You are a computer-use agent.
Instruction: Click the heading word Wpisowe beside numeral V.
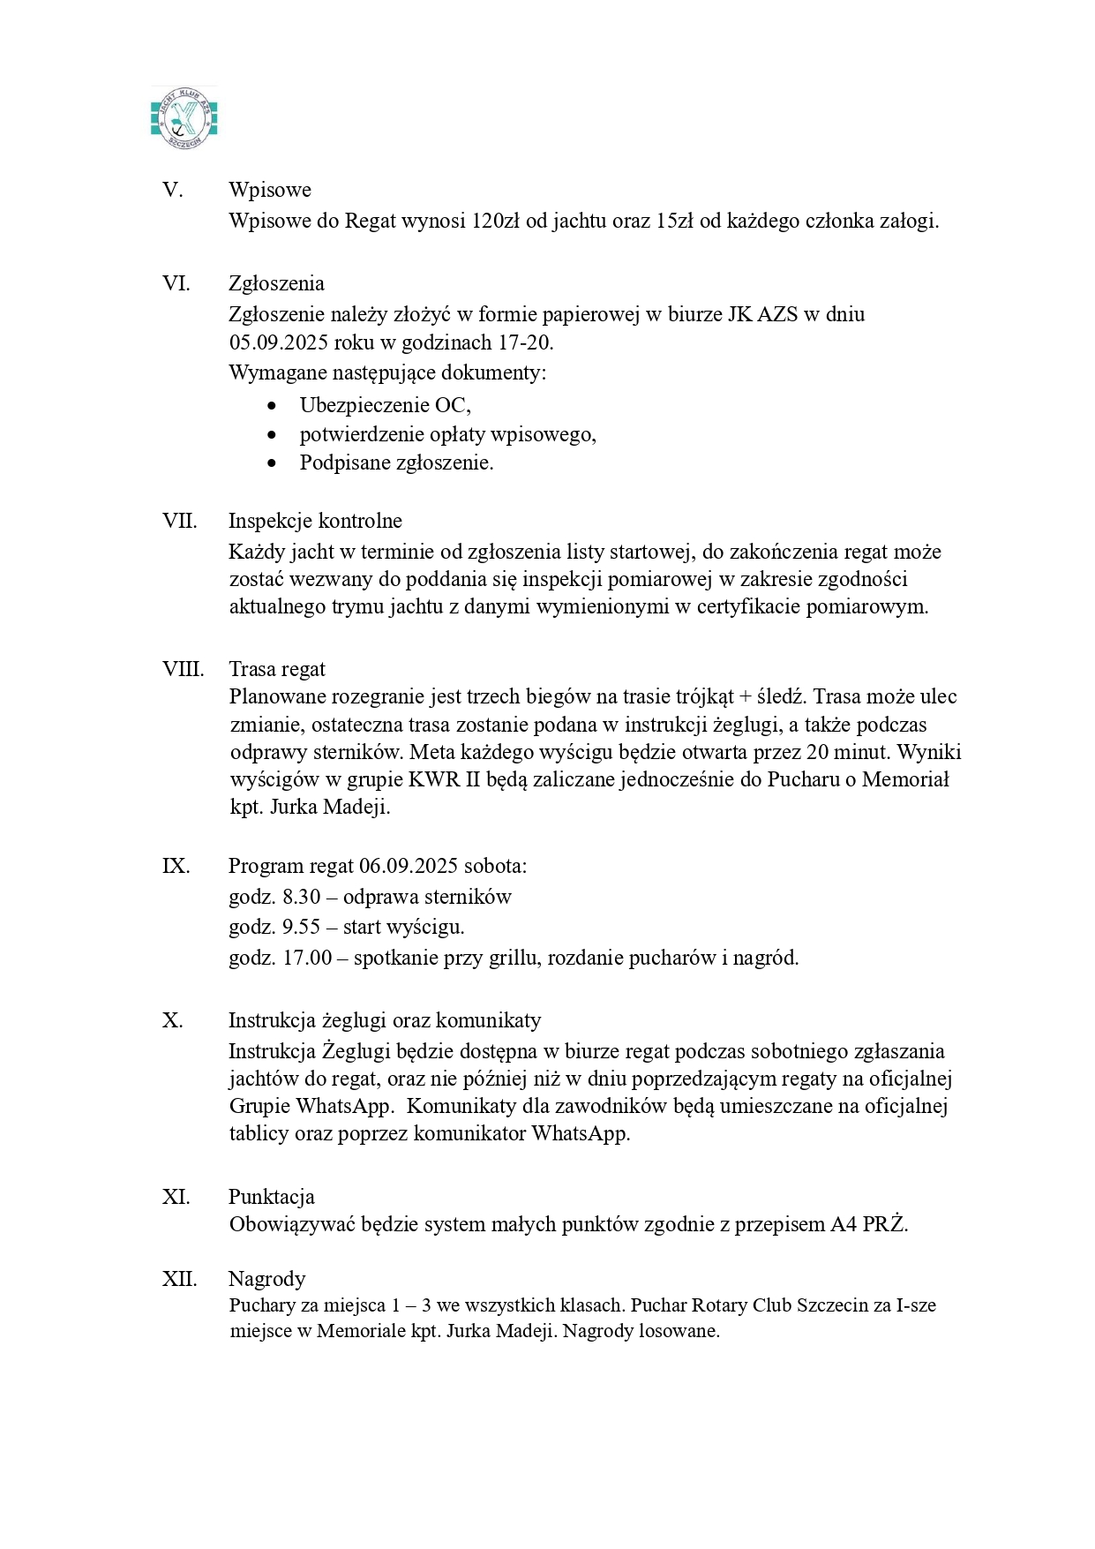269,190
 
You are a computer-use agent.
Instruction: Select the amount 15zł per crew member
674,221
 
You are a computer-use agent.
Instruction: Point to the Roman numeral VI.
176,283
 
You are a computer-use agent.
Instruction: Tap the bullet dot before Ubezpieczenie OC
272,406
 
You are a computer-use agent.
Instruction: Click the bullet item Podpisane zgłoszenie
396,462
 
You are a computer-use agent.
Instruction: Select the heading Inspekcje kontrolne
315,521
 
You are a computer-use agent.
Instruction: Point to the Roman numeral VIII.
183,669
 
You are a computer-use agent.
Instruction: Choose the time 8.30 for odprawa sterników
301,897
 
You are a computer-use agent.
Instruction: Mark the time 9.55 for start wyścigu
301,927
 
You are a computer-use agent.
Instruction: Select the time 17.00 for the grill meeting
306,958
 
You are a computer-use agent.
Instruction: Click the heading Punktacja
271,1197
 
